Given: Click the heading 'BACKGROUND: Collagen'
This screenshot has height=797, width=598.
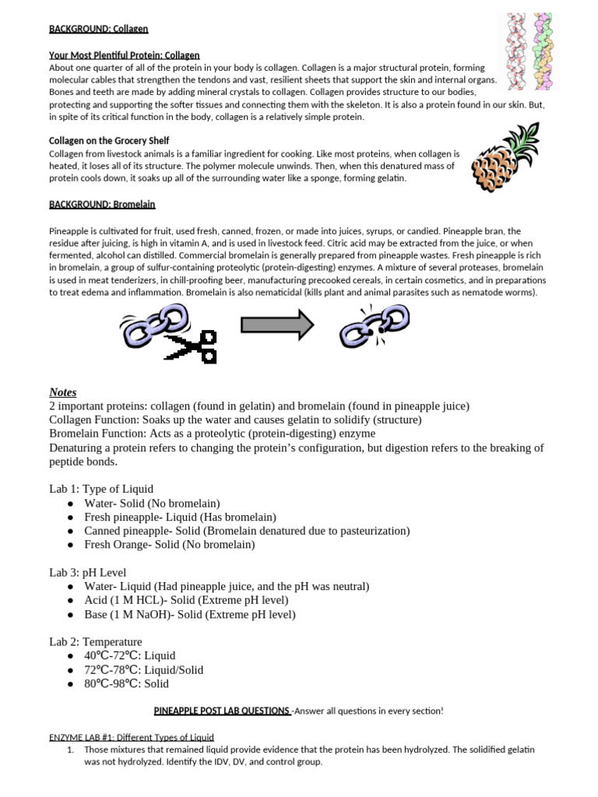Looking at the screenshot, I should (x=98, y=29).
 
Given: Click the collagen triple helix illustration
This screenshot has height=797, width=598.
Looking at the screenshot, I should (x=529, y=51).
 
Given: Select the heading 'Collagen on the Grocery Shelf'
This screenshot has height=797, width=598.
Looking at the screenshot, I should (x=109, y=141).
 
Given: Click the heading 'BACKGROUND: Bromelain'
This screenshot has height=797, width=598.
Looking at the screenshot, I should (x=102, y=204).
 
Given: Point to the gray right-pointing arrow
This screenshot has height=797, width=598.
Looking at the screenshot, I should (x=277, y=325).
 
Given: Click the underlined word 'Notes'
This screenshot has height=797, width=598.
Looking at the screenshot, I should (x=63, y=392).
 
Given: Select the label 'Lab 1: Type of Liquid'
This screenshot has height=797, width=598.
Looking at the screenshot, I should (x=101, y=489).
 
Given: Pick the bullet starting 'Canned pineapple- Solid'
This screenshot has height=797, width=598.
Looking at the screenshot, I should (x=247, y=531).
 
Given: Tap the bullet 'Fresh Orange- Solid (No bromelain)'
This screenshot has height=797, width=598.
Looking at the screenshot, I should (x=170, y=545).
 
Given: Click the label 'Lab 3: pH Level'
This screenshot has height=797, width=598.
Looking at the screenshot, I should (x=87, y=572).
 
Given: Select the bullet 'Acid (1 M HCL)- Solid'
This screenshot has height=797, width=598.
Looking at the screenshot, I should (x=186, y=600).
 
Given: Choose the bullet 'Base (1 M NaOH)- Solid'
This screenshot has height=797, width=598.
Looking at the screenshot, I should (x=190, y=614).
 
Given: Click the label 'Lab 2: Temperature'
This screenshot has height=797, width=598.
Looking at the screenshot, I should (x=96, y=641).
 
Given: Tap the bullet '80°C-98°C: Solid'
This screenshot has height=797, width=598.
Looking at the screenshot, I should (x=126, y=683).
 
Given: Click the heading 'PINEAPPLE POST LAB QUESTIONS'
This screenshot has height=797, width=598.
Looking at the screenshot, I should (x=222, y=711).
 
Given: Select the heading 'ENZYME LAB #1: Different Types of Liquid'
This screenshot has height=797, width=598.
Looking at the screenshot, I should (x=132, y=736).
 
